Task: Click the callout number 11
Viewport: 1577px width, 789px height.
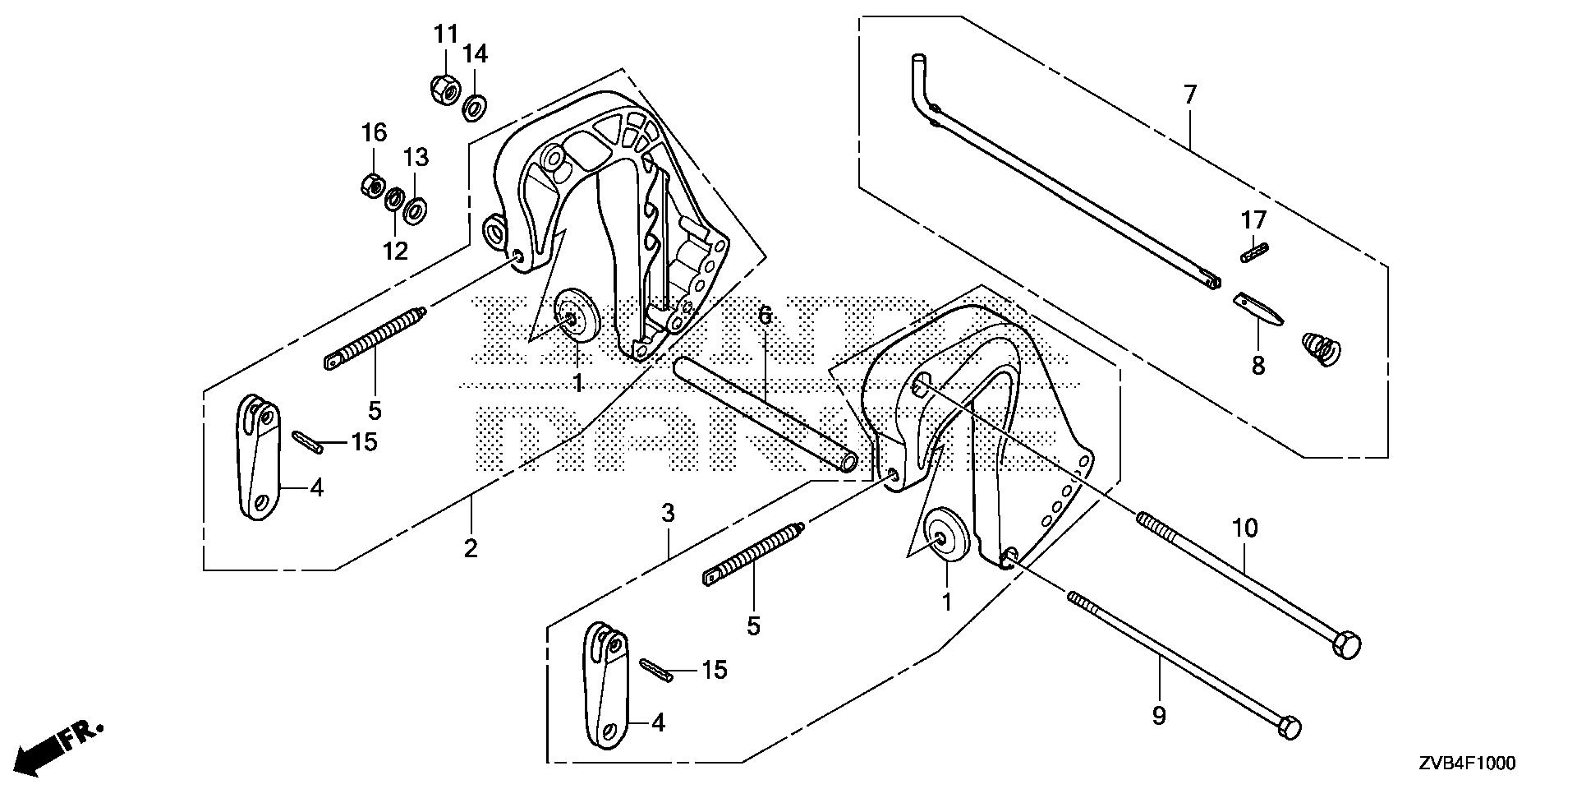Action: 445,35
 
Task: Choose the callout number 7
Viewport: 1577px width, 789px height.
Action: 1190,95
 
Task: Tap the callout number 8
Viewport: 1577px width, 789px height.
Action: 1257,365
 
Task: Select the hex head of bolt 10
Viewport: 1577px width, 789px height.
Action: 1348,645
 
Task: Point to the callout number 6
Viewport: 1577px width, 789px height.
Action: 765,315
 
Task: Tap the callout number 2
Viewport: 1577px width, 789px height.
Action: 471,548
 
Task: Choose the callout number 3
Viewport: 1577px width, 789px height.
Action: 669,515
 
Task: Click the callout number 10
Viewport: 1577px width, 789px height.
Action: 1245,528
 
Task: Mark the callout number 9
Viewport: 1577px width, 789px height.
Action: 1159,717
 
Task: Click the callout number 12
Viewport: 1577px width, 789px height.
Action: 395,251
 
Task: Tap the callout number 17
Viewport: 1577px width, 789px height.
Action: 1254,220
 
